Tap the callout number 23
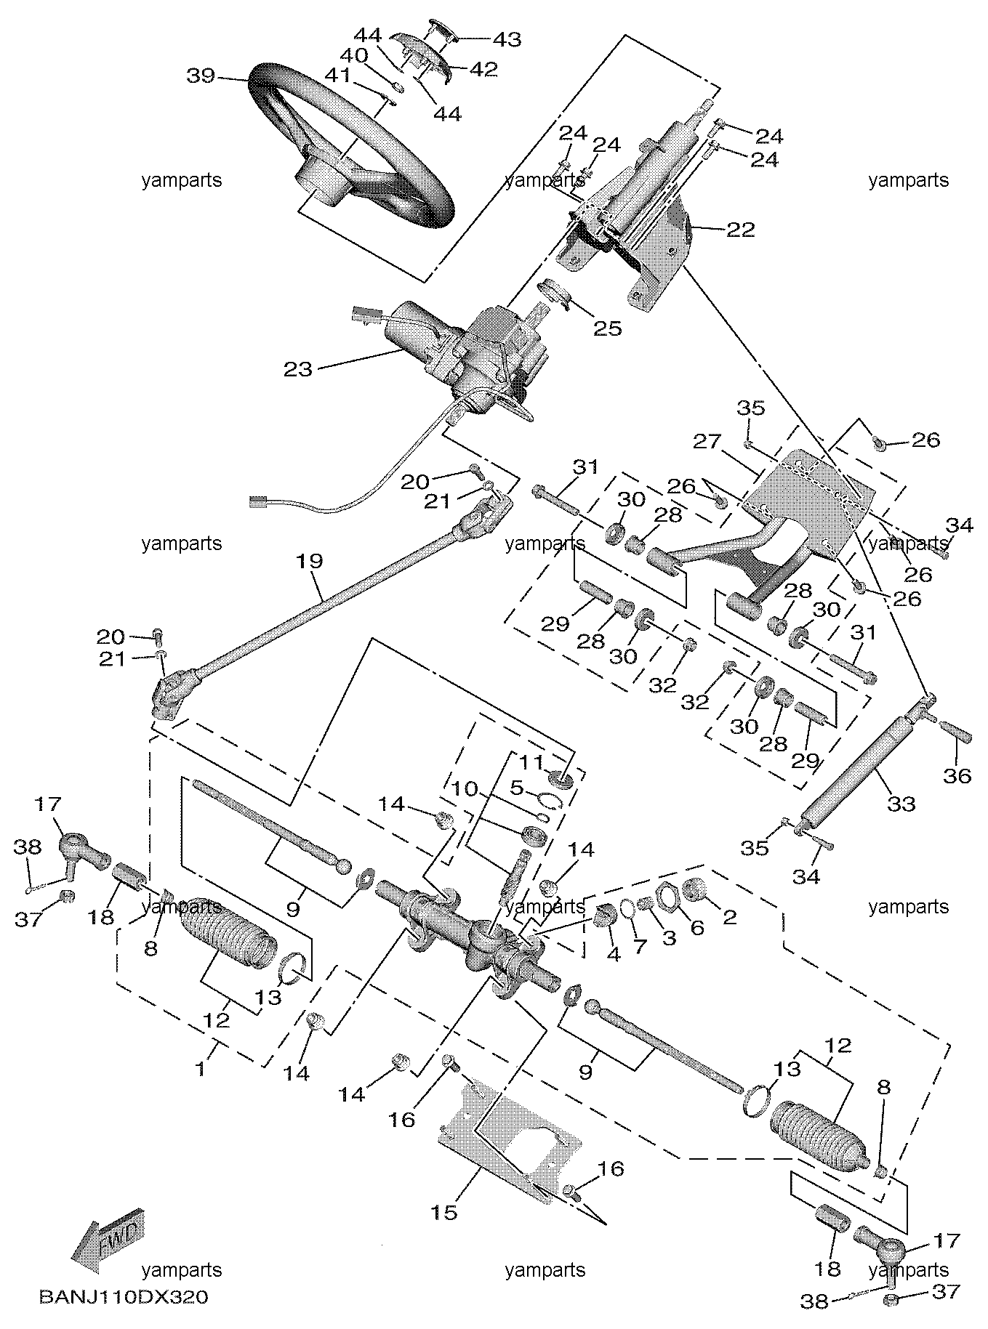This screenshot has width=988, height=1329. (x=298, y=369)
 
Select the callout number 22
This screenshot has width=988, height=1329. (x=741, y=230)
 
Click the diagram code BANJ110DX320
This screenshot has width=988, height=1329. (x=124, y=1297)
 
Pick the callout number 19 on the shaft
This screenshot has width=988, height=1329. (x=310, y=560)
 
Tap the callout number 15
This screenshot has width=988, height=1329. (x=445, y=1212)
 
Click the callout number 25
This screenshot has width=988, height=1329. (x=608, y=328)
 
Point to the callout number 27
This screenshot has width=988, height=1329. (x=707, y=441)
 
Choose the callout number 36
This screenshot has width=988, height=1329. (x=957, y=776)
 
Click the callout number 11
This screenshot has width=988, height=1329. (x=531, y=763)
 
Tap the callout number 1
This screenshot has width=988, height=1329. (x=201, y=1069)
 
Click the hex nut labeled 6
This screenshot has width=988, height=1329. (x=667, y=896)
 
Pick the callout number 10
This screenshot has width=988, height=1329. (x=464, y=788)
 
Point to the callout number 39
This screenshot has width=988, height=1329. (x=201, y=75)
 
